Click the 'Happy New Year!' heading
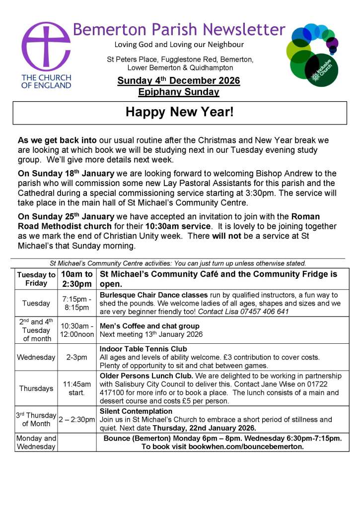[179, 112]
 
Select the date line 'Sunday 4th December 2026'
[179, 80]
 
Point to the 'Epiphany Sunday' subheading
[179, 92]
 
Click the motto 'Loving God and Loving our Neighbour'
[179, 45]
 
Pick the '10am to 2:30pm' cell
[76, 279]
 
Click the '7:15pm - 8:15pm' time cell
[76, 303]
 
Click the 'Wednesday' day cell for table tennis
[36, 357]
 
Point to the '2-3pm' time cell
[76, 357]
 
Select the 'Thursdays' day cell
[36, 388]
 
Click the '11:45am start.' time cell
[76, 388]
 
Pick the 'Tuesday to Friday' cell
[36, 279]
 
